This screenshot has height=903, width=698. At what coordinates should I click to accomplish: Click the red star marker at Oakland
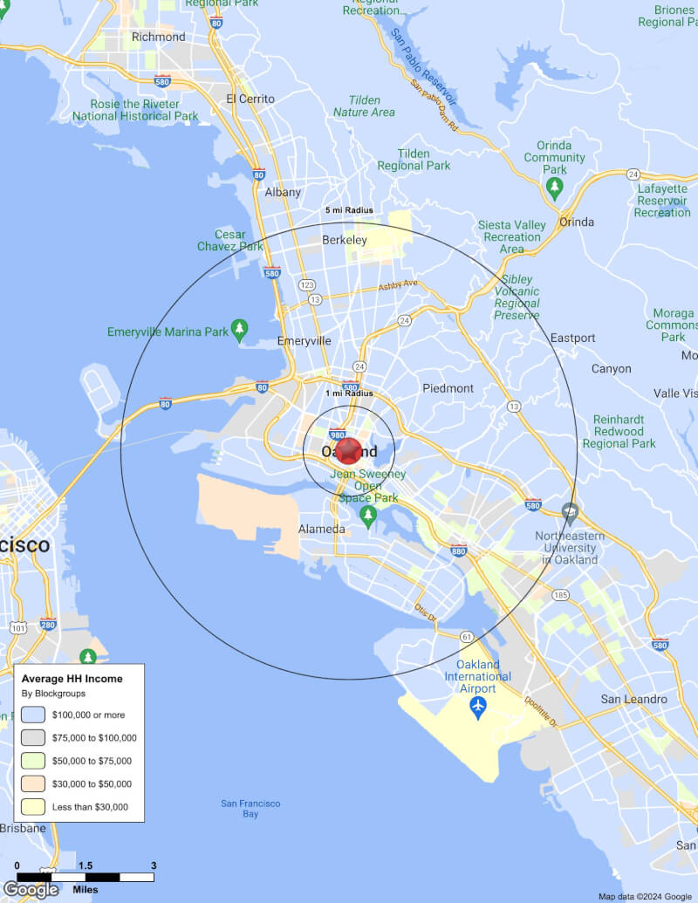click(349, 451)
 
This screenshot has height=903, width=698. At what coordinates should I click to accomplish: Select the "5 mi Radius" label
click(349, 211)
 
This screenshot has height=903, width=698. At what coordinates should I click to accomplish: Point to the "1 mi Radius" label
click(349, 393)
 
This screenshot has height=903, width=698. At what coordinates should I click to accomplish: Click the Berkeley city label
click(345, 240)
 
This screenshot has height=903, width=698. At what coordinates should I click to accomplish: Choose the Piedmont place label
click(448, 388)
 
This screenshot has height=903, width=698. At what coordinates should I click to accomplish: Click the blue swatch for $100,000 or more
click(33, 715)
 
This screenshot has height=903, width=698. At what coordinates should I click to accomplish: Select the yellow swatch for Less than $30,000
click(33, 807)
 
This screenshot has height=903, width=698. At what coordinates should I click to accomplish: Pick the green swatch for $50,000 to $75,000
click(33, 761)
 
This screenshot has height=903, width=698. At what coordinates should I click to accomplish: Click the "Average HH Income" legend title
click(72, 679)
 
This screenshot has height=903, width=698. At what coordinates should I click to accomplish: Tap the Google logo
click(31, 890)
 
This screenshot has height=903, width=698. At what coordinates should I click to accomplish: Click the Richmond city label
click(158, 37)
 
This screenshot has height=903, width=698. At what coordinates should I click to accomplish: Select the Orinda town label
click(577, 222)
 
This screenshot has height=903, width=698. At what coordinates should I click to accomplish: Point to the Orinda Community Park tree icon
click(554, 187)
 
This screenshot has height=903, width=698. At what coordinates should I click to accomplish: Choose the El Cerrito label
click(250, 99)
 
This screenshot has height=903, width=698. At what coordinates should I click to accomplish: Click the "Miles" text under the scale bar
click(86, 890)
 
